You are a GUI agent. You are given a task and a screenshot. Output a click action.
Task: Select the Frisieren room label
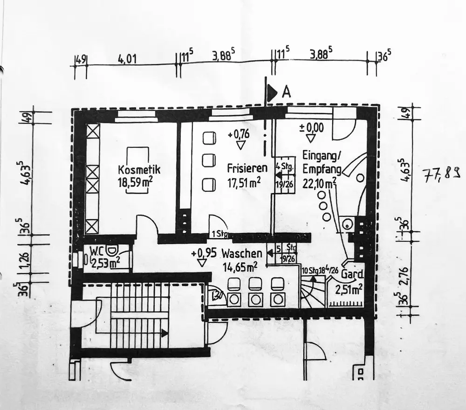pos(247,168)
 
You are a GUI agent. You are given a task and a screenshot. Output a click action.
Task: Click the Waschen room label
pos(241,254)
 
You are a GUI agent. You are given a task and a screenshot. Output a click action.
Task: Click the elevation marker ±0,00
pos(311,127)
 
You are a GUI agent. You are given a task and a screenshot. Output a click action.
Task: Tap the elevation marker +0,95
pos(204,254)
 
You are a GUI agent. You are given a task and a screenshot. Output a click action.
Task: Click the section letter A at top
pos(286,92)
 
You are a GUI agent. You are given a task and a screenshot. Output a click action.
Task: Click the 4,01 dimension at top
pos(127,59)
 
